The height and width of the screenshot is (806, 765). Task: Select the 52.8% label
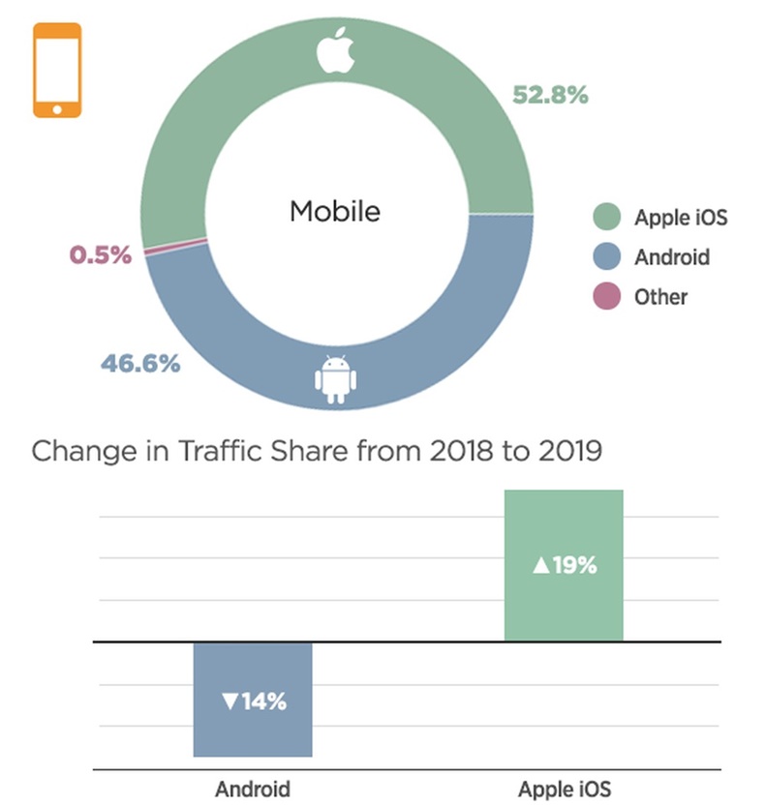tap(550, 95)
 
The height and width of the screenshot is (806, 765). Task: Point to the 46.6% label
tap(140, 364)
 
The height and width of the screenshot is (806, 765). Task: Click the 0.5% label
tap(100, 255)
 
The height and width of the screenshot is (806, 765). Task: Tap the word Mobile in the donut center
tap(335, 211)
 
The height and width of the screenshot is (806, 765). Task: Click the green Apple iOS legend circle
tap(606, 216)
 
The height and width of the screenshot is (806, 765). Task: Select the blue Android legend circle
tap(606, 256)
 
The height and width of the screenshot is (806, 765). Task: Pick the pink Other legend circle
tap(606, 297)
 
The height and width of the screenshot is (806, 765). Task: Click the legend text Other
tap(660, 297)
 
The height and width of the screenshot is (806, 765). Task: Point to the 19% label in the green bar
tap(565, 565)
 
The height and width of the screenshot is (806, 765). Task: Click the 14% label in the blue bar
tap(254, 702)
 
